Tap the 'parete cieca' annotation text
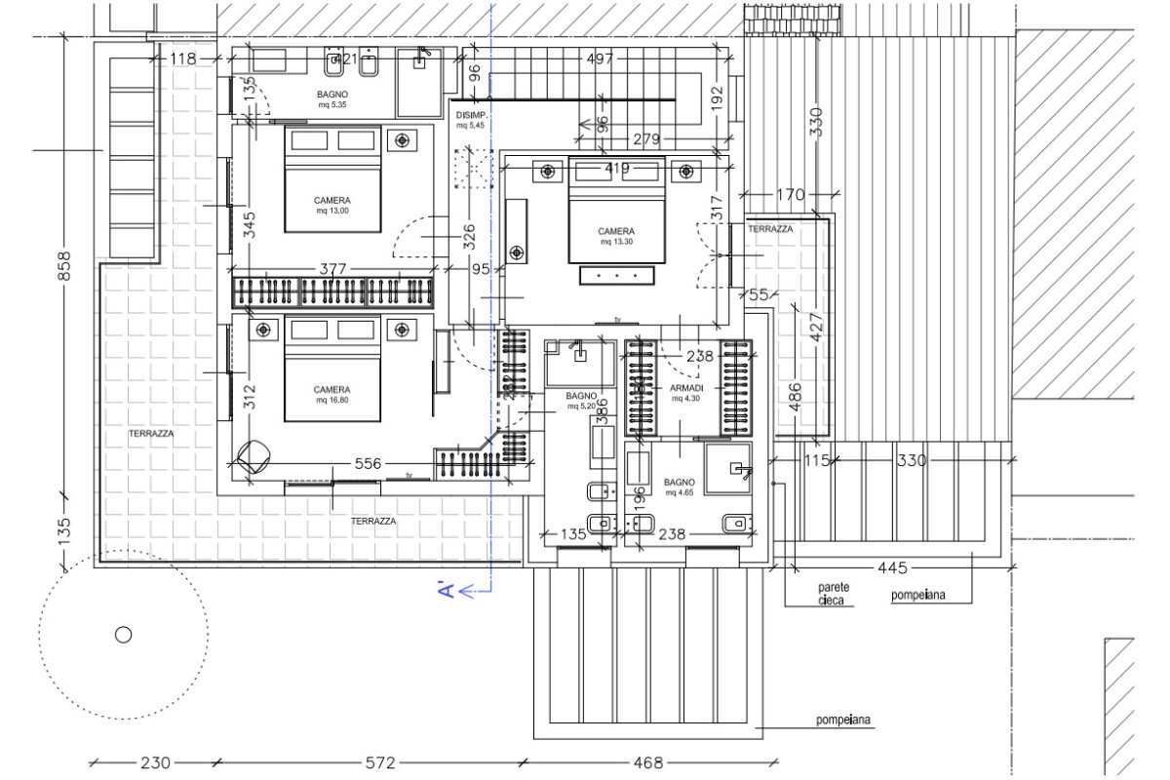(835, 595)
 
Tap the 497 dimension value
(601, 59)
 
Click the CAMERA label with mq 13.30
(615, 236)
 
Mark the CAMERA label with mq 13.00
(331, 205)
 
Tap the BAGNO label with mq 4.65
(679, 487)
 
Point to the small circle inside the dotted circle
(123, 635)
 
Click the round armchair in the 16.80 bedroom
(255, 456)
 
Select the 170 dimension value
(791, 195)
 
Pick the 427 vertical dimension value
(816, 324)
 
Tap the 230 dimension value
(155, 762)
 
